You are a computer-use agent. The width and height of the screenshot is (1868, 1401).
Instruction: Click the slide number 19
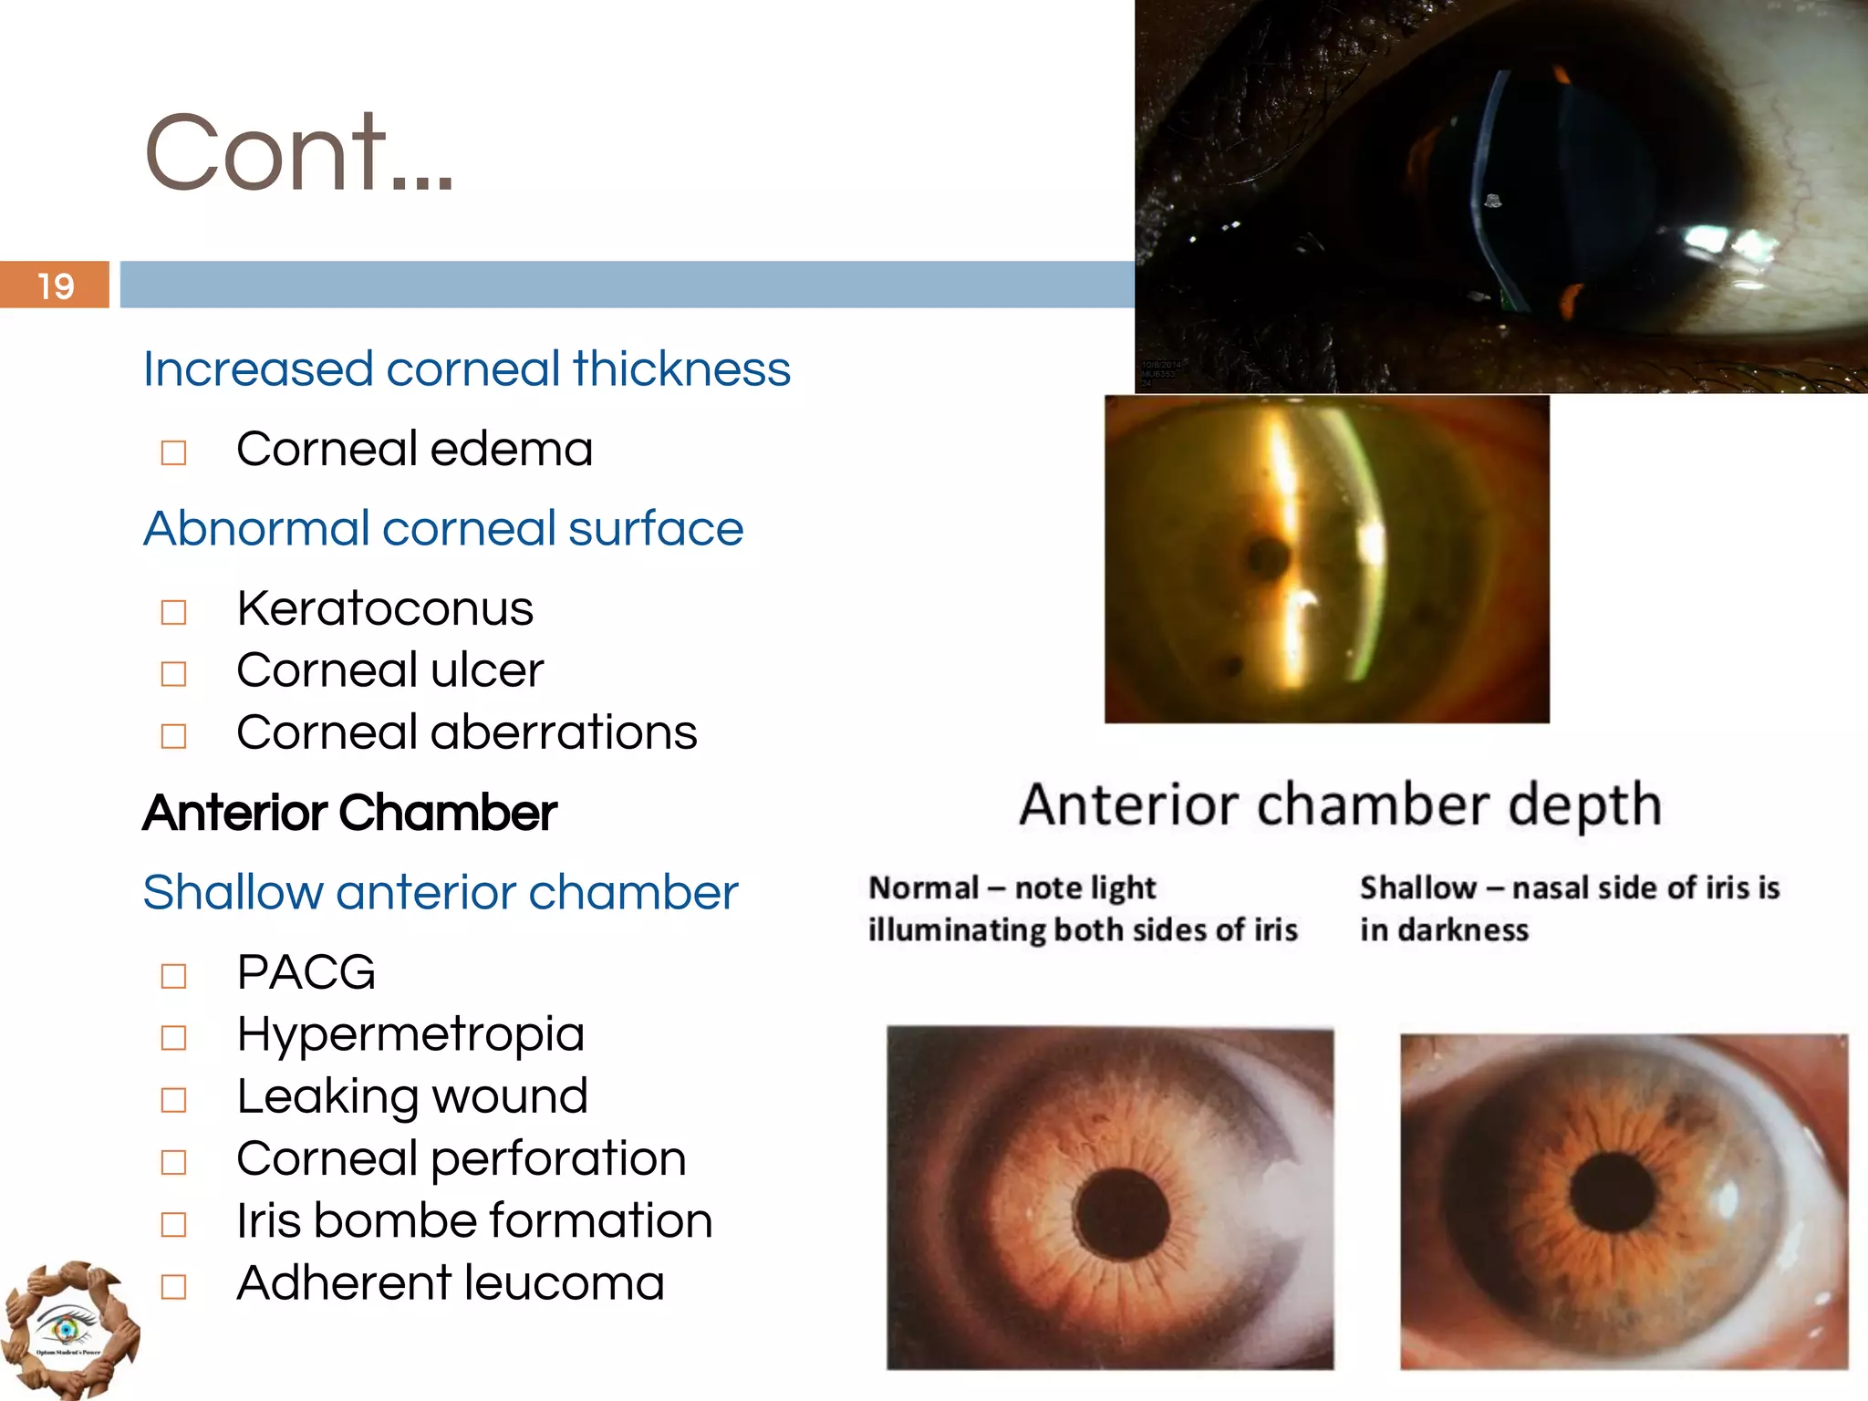point(56,285)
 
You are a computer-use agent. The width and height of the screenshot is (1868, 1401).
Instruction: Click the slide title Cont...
point(298,151)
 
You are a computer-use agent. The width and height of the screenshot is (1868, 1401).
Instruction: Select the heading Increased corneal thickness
point(466,369)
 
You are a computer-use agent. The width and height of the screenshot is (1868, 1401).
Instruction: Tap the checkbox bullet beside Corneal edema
point(173,452)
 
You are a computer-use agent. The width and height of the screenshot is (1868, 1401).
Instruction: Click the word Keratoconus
point(384,608)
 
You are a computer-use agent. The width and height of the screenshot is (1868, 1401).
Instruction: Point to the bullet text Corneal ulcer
point(389,670)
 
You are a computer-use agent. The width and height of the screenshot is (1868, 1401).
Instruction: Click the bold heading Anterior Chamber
point(349,813)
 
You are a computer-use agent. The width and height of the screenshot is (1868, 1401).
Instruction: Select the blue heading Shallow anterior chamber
point(440,892)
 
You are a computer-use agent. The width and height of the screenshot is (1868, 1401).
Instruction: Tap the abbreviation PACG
point(306,972)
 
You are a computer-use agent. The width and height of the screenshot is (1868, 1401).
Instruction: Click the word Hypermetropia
point(410,1034)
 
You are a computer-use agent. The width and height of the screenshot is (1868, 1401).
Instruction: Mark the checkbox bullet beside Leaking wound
point(173,1100)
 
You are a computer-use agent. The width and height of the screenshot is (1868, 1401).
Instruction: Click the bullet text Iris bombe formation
point(473,1221)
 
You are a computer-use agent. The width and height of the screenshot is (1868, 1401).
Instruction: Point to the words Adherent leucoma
point(450,1283)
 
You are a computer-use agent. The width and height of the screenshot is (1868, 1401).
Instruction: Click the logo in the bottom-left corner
point(68,1330)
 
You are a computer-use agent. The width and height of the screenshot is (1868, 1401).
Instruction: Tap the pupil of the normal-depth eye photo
point(1121,1215)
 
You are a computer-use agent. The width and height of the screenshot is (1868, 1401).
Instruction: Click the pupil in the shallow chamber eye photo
point(1613,1191)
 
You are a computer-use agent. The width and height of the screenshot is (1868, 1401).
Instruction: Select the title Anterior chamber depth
point(1340,804)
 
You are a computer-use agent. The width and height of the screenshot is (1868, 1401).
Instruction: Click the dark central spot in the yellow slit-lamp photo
point(1268,555)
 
